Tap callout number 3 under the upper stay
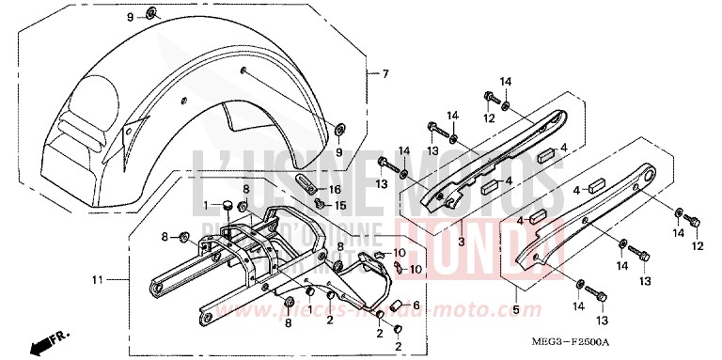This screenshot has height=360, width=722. (462, 242)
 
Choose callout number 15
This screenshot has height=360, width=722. (341, 204)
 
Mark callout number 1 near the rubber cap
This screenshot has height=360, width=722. (206, 205)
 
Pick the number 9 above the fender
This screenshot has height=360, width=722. (132, 17)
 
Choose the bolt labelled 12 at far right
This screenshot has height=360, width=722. (694, 223)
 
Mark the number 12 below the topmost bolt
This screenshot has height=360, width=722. (489, 117)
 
